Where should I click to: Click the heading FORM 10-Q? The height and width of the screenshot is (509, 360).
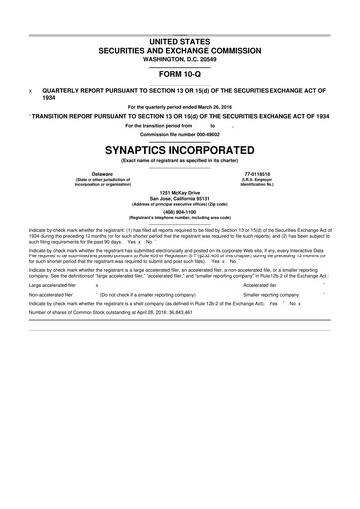point(180,75)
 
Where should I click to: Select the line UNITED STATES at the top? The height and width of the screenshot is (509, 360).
point(180,39)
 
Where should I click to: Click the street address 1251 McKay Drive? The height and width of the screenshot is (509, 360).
point(180,191)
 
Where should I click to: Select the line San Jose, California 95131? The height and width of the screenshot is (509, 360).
point(180,197)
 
